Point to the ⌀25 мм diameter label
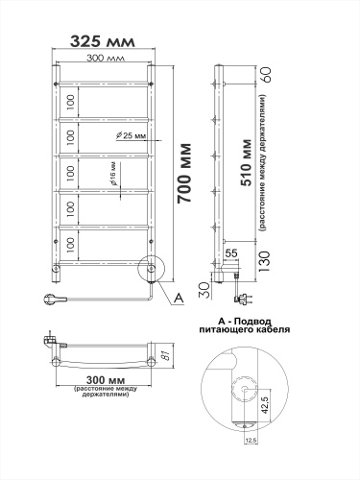[131, 135]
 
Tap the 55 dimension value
[231, 252]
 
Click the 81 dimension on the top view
[164, 358]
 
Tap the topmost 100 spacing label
[70, 99]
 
